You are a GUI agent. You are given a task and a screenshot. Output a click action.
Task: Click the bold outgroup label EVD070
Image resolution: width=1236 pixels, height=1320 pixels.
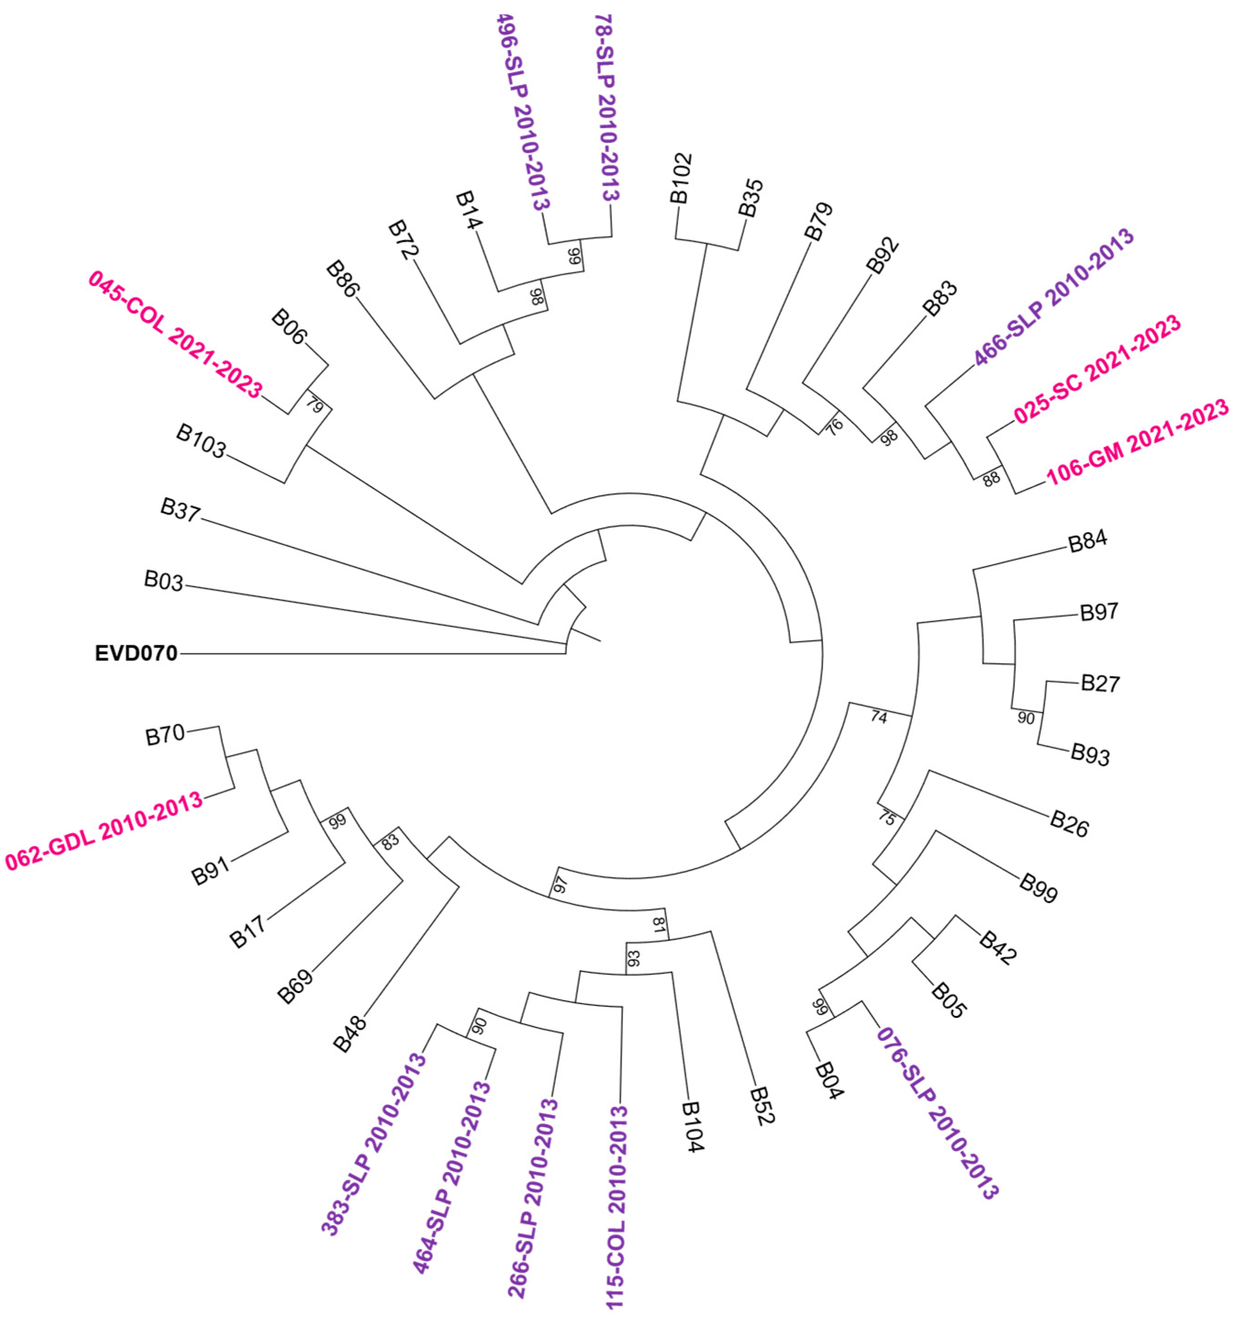(136, 654)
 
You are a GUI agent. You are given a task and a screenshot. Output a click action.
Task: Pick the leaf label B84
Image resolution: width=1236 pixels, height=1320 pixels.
(1087, 542)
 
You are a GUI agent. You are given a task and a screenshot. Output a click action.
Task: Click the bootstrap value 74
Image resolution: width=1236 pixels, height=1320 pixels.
(878, 718)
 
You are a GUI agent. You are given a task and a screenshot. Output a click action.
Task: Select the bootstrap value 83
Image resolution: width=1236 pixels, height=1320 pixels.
(390, 842)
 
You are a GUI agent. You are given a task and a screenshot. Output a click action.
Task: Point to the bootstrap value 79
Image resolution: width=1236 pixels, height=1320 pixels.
(314, 405)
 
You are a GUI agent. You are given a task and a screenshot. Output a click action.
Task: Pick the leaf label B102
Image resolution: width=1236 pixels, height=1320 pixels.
(681, 178)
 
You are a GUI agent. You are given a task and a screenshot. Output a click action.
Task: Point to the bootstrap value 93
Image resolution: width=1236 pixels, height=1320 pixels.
(634, 959)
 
